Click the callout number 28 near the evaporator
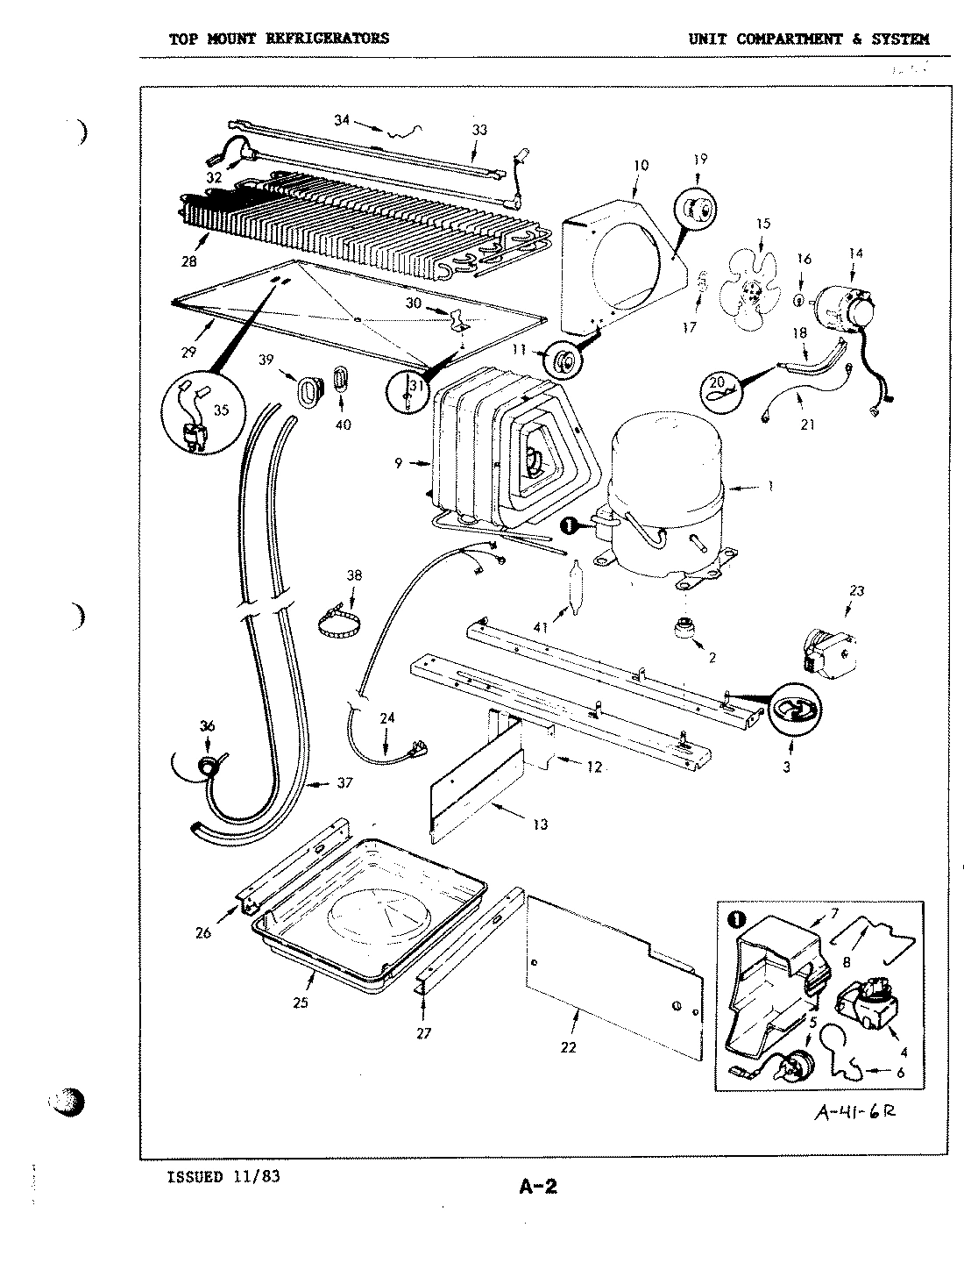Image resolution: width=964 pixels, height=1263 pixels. tap(189, 260)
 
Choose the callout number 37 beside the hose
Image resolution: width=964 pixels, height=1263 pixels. tap(344, 783)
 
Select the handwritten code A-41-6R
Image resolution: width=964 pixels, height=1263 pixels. tap(855, 1111)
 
